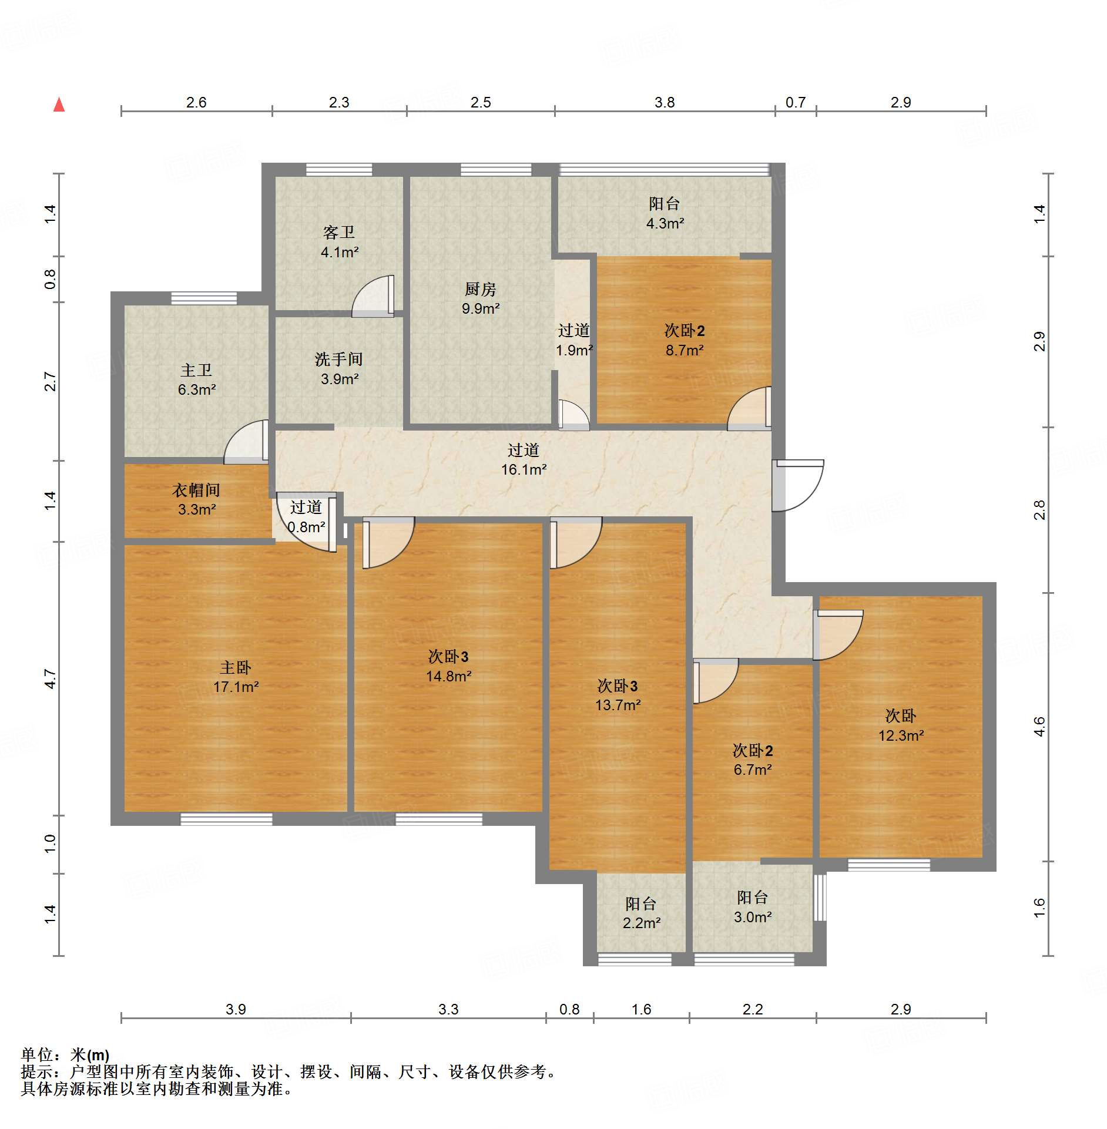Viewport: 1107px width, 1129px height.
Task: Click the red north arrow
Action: tap(59, 105)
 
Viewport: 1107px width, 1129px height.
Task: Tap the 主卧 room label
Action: tap(236, 667)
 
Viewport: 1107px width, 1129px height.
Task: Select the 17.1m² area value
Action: tap(236, 687)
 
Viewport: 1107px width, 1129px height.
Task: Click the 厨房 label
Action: tap(481, 289)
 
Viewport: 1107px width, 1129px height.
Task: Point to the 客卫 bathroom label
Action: tap(339, 233)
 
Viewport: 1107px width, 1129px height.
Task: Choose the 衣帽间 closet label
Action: tap(196, 490)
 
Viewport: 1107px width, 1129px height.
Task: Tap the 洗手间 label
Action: tap(339, 359)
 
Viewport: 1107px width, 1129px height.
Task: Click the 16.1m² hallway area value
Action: tap(524, 469)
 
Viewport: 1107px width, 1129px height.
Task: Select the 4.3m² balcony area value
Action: tap(665, 223)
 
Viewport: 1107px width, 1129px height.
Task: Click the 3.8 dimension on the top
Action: tap(665, 102)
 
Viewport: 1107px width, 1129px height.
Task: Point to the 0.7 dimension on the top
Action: tap(796, 102)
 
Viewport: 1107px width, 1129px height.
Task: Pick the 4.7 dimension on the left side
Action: tap(51, 679)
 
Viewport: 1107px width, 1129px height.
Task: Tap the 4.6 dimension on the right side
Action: tap(1039, 727)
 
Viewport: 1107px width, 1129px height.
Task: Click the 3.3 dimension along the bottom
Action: tap(448, 1009)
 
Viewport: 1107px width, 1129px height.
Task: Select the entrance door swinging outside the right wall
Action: tap(797, 485)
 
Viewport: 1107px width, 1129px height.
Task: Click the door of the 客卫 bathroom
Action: tap(373, 296)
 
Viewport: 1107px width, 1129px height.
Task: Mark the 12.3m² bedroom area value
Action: tap(901, 735)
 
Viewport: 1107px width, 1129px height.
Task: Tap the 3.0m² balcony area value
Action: tap(753, 917)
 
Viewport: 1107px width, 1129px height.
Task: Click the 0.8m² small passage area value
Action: tap(306, 527)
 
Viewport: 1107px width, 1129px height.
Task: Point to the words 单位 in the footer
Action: tap(36, 1056)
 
